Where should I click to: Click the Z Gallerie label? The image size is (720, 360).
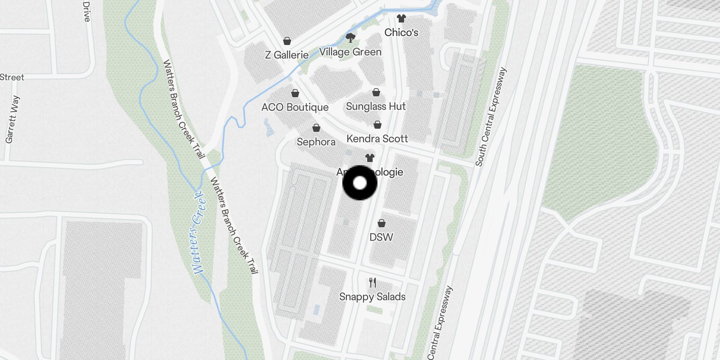click(x=287, y=55)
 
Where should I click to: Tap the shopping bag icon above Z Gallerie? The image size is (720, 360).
click(x=287, y=41)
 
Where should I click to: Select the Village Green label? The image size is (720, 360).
click(x=350, y=52)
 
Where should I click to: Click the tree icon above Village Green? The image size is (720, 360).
click(x=350, y=37)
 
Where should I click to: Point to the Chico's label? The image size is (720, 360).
click(x=401, y=32)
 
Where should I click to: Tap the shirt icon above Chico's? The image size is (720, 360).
click(x=401, y=18)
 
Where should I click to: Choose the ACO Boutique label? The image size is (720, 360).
click(x=295, y=107)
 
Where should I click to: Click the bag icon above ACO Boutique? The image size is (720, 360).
click(x=295, y=93)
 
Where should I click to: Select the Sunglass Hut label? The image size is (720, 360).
click(x=376, y=106)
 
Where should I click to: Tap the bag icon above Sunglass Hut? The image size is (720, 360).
click(x=376, y=92)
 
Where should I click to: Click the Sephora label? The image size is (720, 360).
click(x=316, y=142)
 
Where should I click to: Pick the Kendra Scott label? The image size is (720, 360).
click(x=377, y=139)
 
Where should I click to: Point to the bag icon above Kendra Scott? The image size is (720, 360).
click(x=377, y=125)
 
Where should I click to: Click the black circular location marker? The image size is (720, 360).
click(x=360, y=183)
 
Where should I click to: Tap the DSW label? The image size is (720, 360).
click(x=381, y=237)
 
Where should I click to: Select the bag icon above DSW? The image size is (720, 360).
click(x=381, y=223)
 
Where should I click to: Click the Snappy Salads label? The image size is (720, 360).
click(x=372, y=297)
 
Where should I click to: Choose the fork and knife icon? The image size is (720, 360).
click(x=372, y=283)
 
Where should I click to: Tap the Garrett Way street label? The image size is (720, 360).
click(x=12, y=119)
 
